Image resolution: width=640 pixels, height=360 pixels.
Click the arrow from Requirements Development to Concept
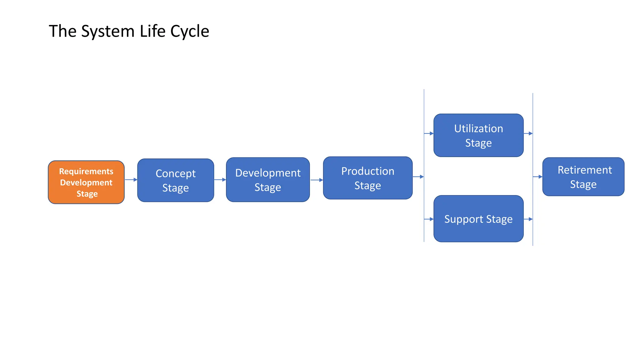pyautogui.click(x=131, y=180)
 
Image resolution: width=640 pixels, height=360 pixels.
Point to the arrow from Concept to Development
pyautogui.click(x=220, y=180)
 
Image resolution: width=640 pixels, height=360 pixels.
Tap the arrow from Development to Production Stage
pyautogui.click(x=317, y=180)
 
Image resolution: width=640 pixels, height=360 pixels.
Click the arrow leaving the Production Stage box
pyautogui.click(x=418, y=177)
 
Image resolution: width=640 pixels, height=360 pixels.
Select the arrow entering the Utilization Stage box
pyautogui.click(x=429, y=133)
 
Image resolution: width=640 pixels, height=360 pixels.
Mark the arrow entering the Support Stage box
pyautogui.click(x=429, y=219)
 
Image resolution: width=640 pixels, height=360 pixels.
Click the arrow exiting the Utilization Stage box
pyautogui.click(x=528, y=133)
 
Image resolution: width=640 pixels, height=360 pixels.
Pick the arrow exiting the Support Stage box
pyautogui.click(x=528, y=219)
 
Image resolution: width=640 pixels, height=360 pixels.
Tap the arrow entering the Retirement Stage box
pyautogui.click(x=538, y=177)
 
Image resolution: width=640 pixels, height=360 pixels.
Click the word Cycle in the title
pyautogui.click(x=189, y=32)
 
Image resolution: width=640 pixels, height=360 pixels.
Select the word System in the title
pyautogui.click(x=108, y=32)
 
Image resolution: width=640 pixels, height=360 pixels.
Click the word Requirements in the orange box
pyautogui.click(x=86, y=172)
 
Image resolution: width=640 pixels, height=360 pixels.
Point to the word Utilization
pyautogui.click(x=478, y=129)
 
